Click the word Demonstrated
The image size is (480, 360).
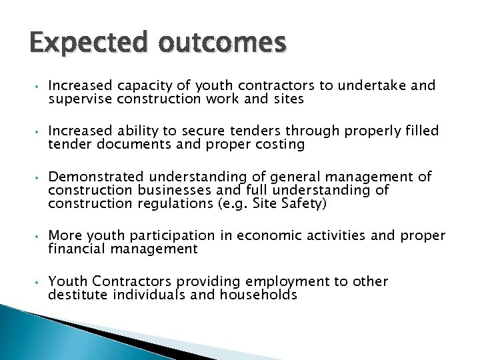[x=96, y=177]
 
